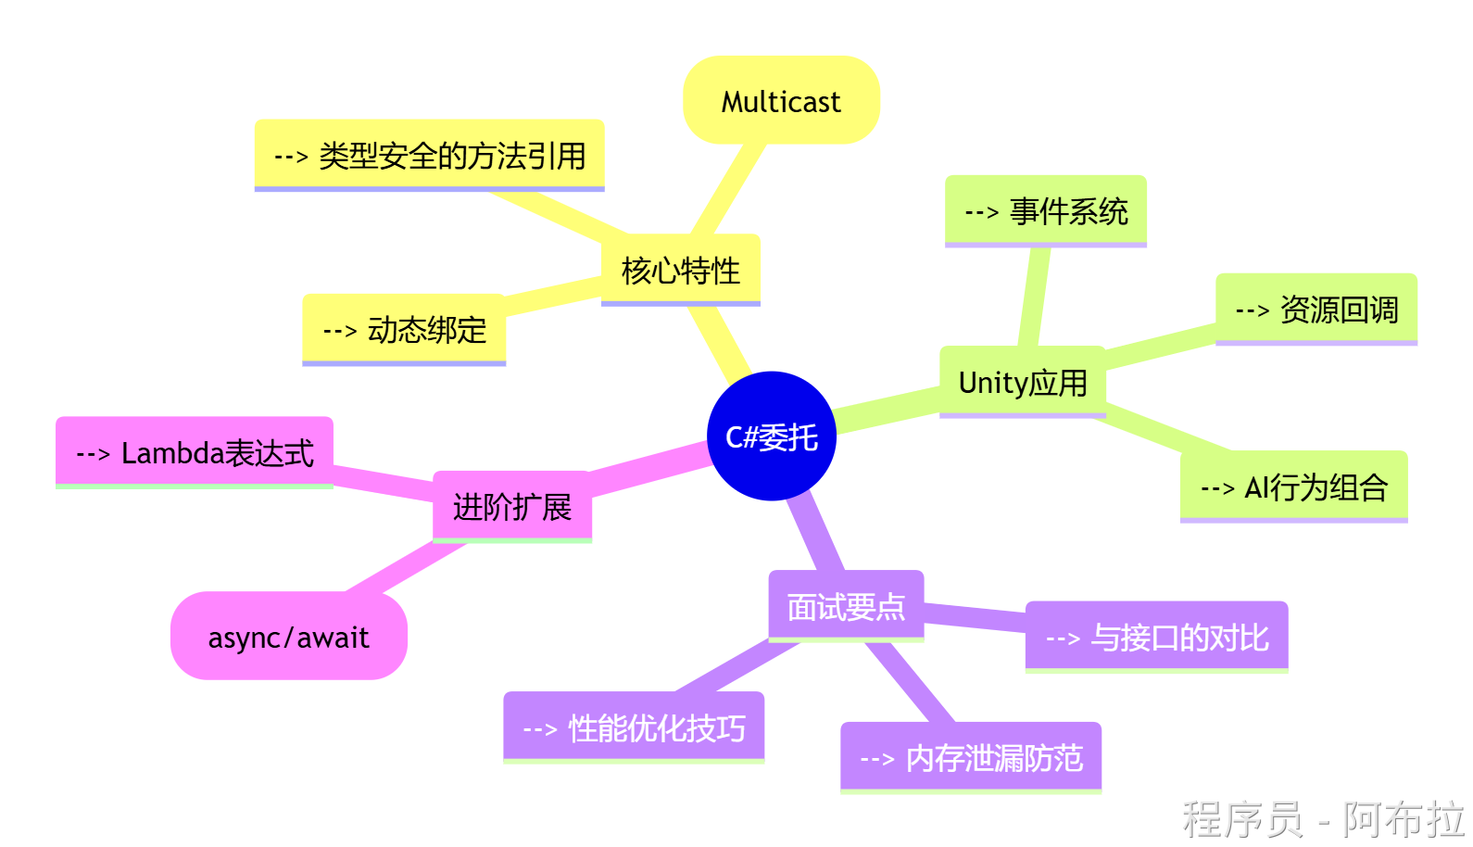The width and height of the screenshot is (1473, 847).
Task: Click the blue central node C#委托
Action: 771,436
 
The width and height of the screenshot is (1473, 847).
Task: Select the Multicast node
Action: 781,101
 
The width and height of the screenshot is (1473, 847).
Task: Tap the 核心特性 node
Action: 681,271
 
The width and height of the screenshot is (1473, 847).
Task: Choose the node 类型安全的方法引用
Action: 430,155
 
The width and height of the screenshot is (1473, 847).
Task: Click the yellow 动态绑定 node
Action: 404,329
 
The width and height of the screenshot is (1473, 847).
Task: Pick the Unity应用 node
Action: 1023,382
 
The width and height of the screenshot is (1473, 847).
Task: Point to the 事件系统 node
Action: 1046,211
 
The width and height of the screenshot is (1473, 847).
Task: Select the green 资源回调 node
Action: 1316,310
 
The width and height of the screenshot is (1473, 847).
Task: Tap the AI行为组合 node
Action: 1293,487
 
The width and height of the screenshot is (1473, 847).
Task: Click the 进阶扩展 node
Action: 512,507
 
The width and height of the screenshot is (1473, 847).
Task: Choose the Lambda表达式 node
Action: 195,452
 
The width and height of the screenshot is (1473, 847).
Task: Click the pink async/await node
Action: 289,637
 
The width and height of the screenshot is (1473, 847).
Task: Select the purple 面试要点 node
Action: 846,606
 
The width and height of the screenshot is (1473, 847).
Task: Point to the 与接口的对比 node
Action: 1156,637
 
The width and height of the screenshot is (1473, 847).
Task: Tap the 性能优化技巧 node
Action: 634,727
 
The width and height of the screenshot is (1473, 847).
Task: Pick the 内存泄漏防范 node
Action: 971,758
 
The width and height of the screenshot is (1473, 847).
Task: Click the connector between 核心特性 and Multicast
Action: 728,189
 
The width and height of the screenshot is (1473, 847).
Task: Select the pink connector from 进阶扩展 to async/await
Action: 404,567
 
